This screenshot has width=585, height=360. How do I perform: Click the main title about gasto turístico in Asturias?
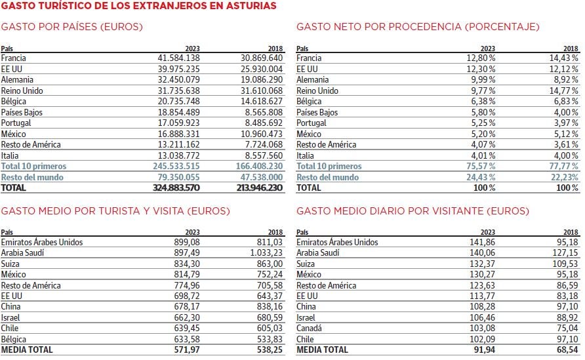(x=138, y=6)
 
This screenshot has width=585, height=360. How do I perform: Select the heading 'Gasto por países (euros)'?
(x=72, y=27)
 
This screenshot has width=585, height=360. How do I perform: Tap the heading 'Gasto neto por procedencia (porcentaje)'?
(x=418, y=27)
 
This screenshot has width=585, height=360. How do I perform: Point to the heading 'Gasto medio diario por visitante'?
(x=413, y=211)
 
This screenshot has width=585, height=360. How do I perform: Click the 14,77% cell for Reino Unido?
(x=564, y=90)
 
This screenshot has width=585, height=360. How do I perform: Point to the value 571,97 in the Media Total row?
(x=185, y=350)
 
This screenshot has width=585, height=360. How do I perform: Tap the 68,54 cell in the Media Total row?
(x=567, y=350)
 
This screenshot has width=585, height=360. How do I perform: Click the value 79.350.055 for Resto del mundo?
(x=176, y=177)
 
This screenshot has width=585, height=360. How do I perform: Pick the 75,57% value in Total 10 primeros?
(x=481, y=167)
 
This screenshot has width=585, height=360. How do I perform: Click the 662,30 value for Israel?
(x=186, y=317)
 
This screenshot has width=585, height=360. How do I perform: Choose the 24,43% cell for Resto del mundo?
(x=481, y=177)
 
